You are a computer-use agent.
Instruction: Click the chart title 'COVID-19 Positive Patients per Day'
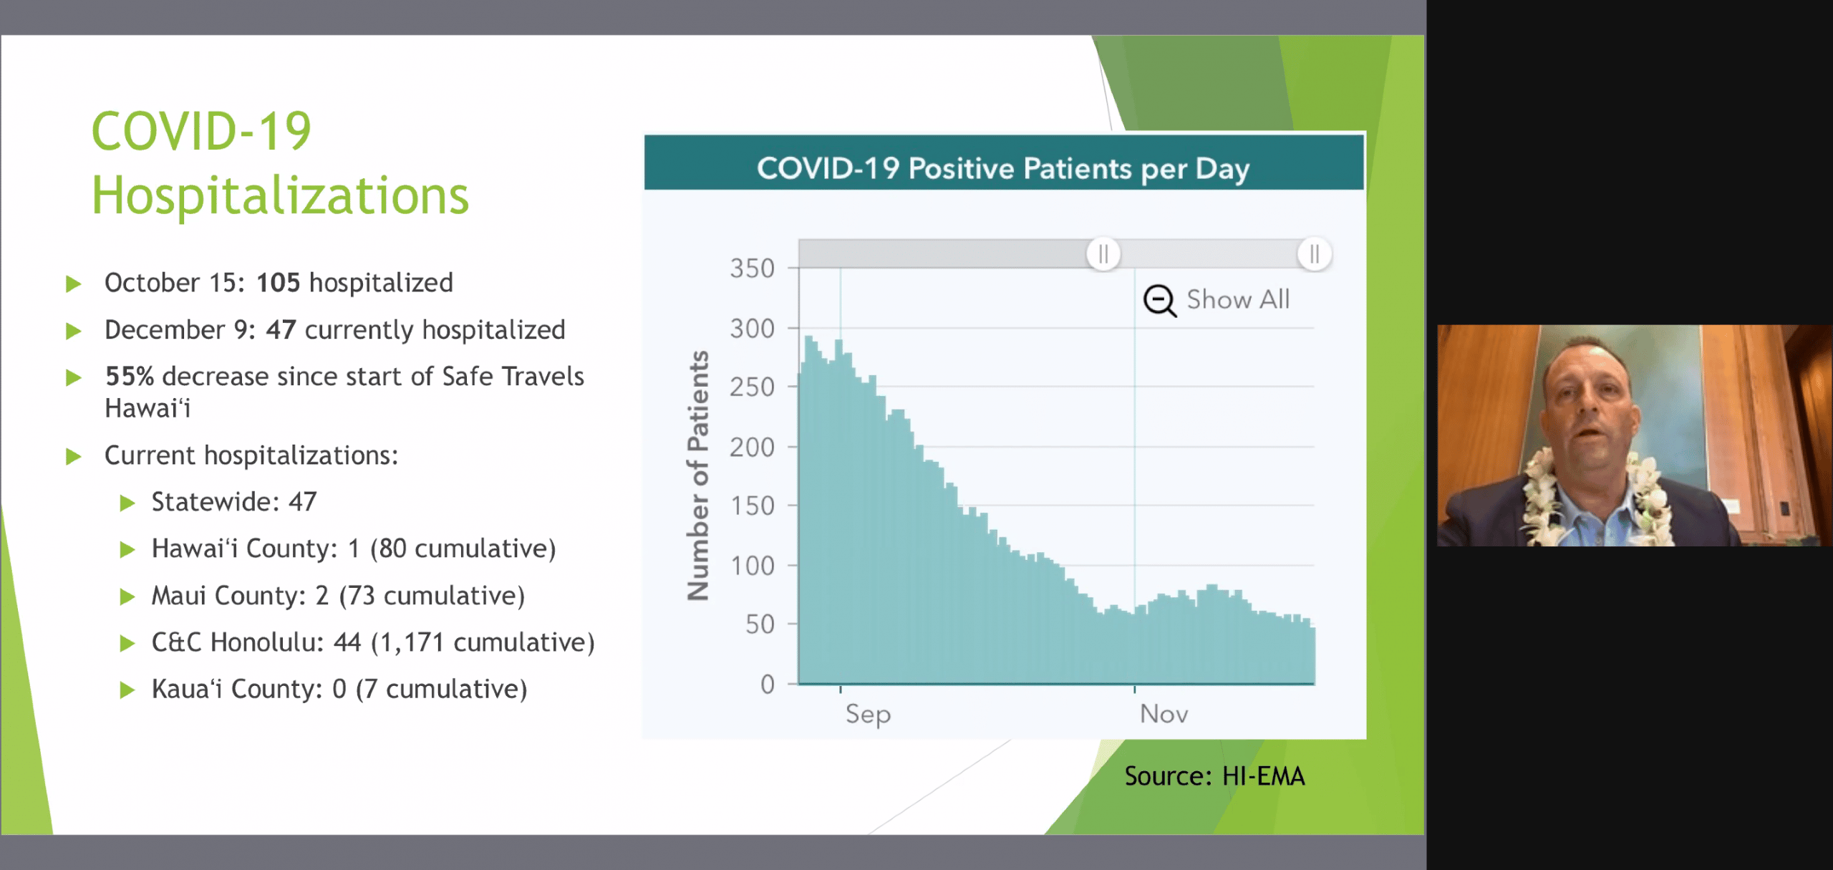pos(1003,169)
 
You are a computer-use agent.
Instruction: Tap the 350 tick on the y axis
pos(753,269)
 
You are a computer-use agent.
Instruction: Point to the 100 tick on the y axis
pos(753,566)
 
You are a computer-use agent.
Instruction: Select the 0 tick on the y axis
pos(767,685)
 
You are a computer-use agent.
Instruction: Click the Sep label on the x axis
pos(868,714)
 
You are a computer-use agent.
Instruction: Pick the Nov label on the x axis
pos(1164,714)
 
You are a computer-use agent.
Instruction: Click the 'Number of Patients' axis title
pos(698,475)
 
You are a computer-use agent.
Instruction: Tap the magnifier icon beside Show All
pos(1159,300)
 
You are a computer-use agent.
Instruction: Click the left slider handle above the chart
pos(1103,254)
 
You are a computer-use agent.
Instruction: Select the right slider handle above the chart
pos(1314,254)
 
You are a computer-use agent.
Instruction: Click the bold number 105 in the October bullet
pos(278,283)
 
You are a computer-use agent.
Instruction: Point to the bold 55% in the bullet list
pos(130,377)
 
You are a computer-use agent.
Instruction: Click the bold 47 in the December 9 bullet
pos(281,330)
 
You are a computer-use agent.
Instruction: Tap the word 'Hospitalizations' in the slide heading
pos(280,195)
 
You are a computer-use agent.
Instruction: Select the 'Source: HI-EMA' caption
pos(1214,776)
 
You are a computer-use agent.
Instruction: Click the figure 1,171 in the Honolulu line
pos(412,642)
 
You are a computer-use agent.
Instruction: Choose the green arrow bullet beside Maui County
pos(127,596)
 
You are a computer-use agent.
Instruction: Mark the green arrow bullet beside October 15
pos(73,284)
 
